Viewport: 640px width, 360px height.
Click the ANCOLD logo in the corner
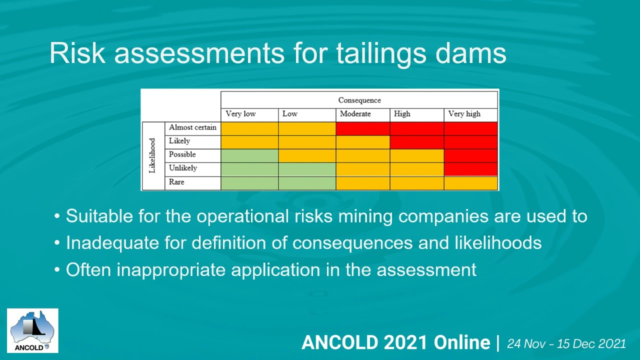32,330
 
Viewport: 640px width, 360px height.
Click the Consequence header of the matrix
359,100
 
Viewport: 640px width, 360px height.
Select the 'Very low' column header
240,114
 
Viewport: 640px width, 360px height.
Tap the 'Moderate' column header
355,114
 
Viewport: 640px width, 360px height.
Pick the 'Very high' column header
464,114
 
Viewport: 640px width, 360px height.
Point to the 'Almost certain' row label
192,127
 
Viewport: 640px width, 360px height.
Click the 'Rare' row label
176,182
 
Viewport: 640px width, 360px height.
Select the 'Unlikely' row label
182,168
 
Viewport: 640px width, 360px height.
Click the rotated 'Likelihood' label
153,155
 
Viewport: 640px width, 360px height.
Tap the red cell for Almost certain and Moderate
362,128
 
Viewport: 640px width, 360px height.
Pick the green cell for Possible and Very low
249,156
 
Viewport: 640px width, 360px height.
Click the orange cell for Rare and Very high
470,183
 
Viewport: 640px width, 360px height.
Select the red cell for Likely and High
416,142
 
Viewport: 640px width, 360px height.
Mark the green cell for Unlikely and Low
306,169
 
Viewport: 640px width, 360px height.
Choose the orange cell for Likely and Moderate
362,142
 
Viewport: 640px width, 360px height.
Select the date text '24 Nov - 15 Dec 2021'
566,343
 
